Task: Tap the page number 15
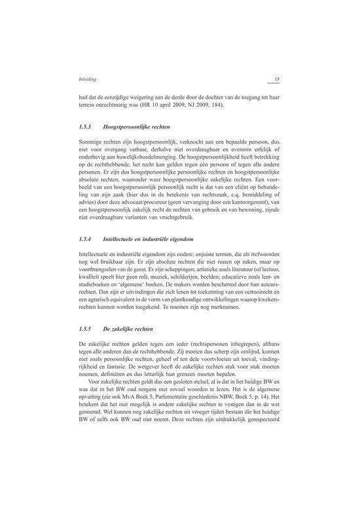pyautogui.click(x=276, y=80)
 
